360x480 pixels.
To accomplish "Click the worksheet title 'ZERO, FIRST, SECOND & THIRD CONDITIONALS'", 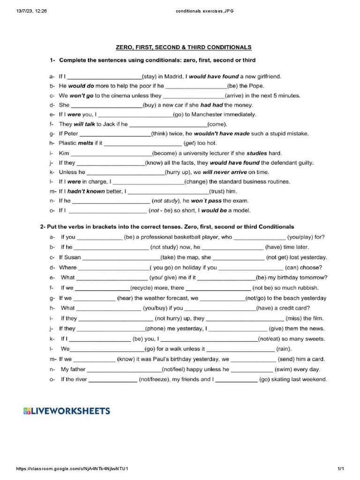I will (x=184, y=47).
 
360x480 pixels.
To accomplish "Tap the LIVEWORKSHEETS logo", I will (x=67, y=411).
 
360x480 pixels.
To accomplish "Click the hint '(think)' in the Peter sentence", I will (x=161, y=134).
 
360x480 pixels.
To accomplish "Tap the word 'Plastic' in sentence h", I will (x=68, y=143).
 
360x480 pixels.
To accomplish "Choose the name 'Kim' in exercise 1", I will (x=64, y=153).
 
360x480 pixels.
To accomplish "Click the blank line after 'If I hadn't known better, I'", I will (x=168, y=192).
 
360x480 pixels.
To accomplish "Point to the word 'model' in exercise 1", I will (x=240, y=210).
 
